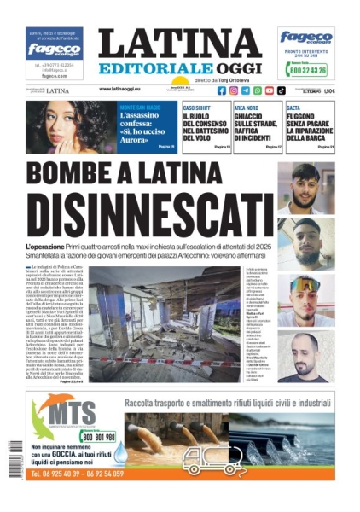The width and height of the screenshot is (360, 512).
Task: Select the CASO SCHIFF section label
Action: point(198,108)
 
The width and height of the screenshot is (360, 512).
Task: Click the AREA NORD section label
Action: point(246,108)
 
